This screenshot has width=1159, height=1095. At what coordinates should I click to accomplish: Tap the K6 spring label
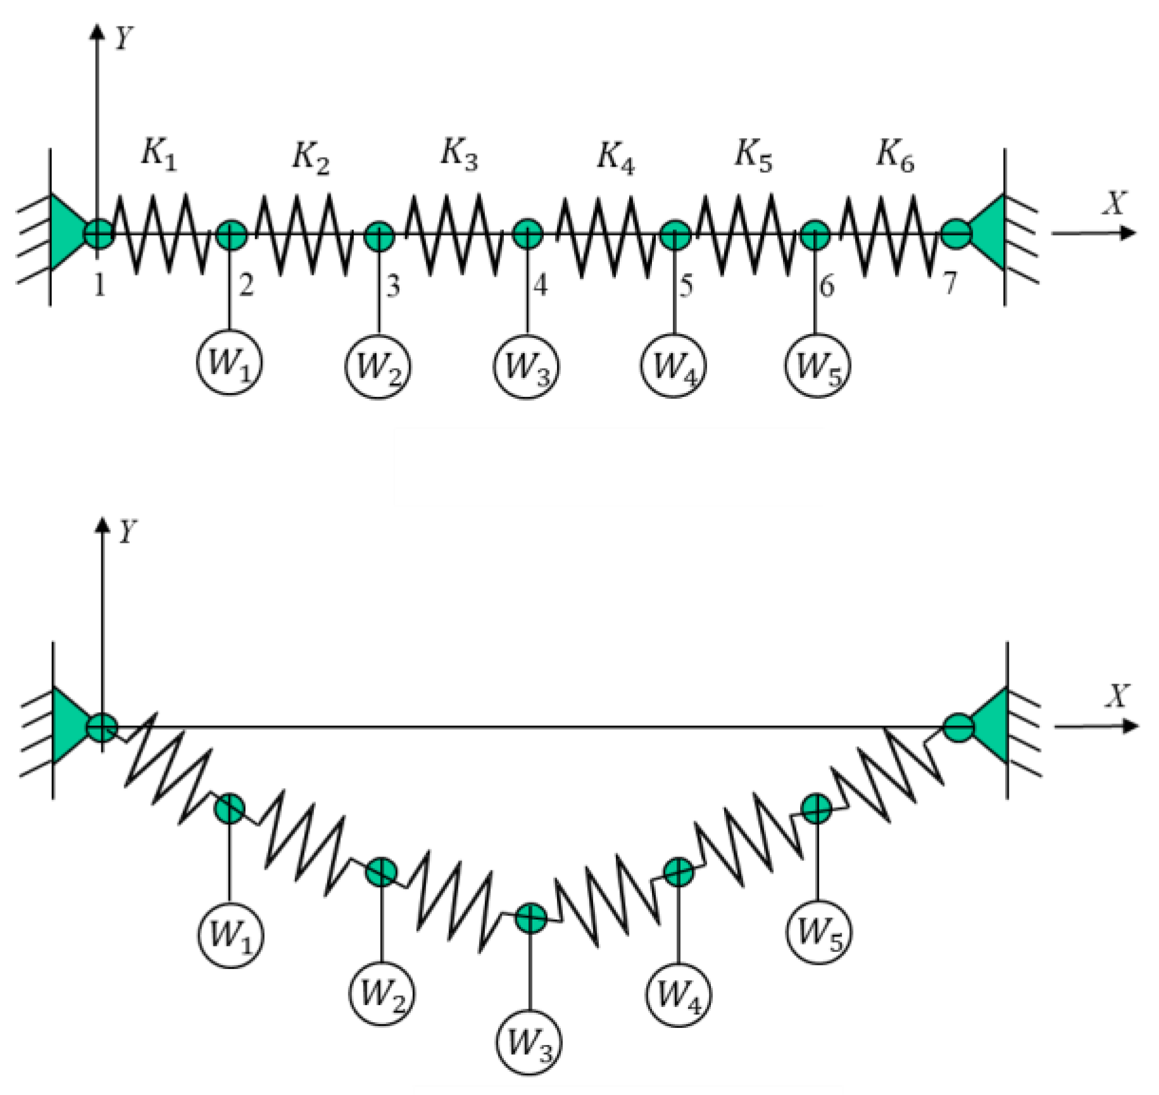[x=895, y=155]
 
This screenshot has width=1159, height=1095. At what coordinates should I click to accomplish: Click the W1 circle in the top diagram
[x=229, y=363]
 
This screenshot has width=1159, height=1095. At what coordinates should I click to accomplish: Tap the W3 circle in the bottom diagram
[x=529, y=1042]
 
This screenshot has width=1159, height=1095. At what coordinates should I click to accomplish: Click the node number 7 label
[x=949, y=283]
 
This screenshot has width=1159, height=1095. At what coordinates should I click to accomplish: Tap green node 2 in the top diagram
[x=231, y=235]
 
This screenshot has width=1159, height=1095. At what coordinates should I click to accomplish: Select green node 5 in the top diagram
[x=675, y=235]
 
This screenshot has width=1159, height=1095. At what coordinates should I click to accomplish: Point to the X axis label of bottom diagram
[x=1117, y=696]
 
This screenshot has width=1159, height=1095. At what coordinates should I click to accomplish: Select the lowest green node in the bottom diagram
[x=530, y=918]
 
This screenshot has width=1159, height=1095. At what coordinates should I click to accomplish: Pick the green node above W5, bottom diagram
[x=817, y=808]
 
